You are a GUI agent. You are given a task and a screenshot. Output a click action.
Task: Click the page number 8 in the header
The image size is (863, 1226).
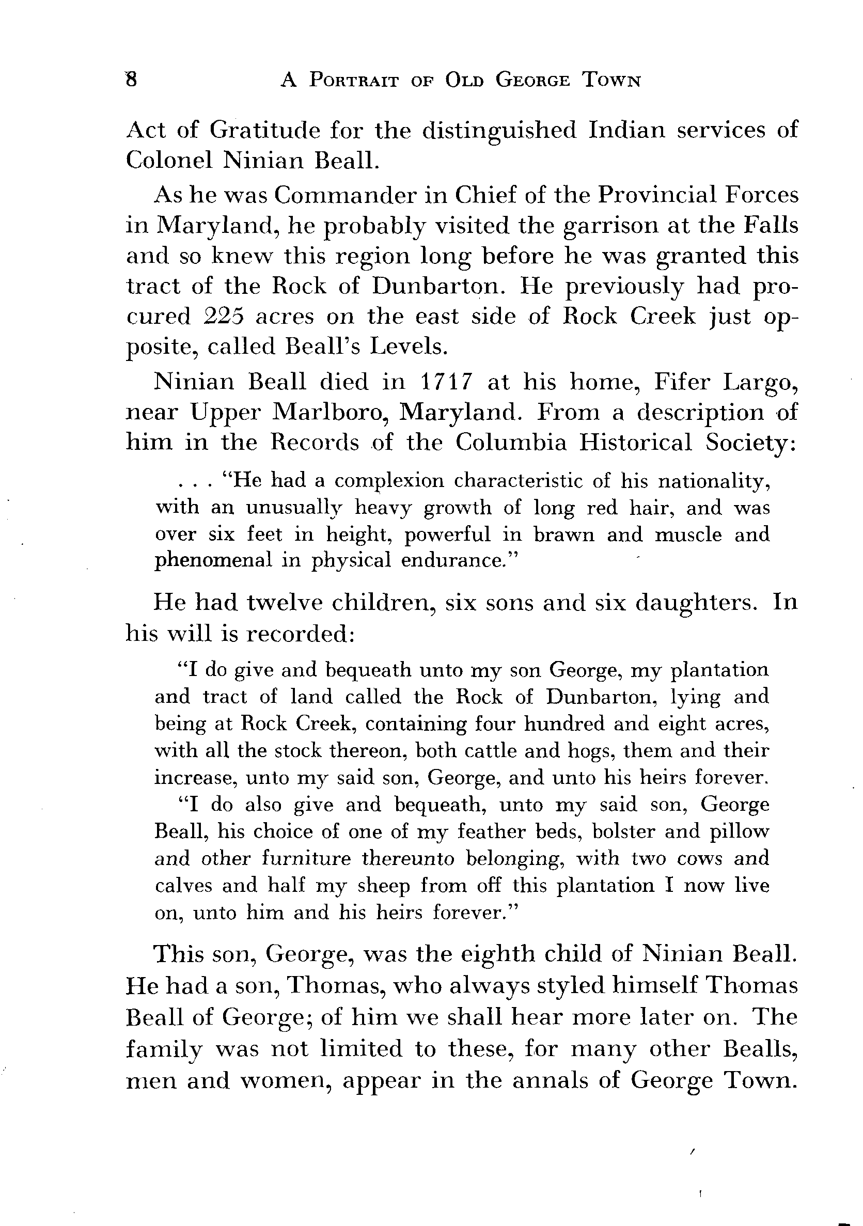click(131, 80)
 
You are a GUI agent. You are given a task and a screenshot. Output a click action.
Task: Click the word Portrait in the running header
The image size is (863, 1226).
click(354, 81)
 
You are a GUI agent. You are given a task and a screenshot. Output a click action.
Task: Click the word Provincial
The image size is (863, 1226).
click(656, 195)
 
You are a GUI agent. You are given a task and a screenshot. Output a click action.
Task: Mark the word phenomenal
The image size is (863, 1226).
click(213, 561)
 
